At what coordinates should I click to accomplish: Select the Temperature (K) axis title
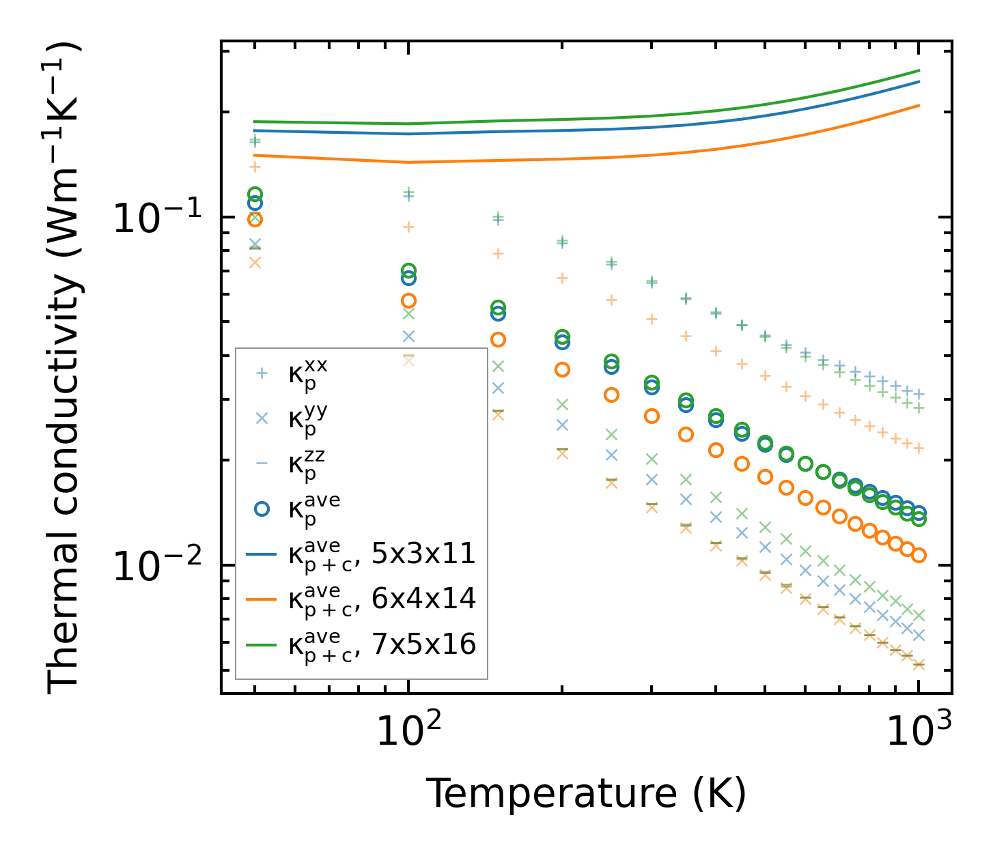pos(586,794)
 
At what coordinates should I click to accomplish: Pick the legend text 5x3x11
pos(423,554)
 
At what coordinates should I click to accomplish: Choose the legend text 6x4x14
pos(423,599)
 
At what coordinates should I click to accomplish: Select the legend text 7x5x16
pos(423,644)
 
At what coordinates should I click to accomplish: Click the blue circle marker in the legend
pos(262,509)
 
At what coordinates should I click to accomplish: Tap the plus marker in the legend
pos(262,373)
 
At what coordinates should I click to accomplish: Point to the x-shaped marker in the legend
pos(262,418)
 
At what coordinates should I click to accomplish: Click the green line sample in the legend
pos(262,644)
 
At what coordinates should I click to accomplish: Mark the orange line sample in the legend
pos(262,599)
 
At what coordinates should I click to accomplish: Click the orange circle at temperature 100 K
pos(408,300)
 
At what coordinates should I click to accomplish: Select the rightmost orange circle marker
pos(919,555)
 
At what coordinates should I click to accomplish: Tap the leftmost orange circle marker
pos(255,219)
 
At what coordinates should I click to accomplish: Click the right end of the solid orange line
pos(919,105)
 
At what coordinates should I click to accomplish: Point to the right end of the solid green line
pos(919,70)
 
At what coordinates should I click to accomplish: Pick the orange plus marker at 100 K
pos(408,227)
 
